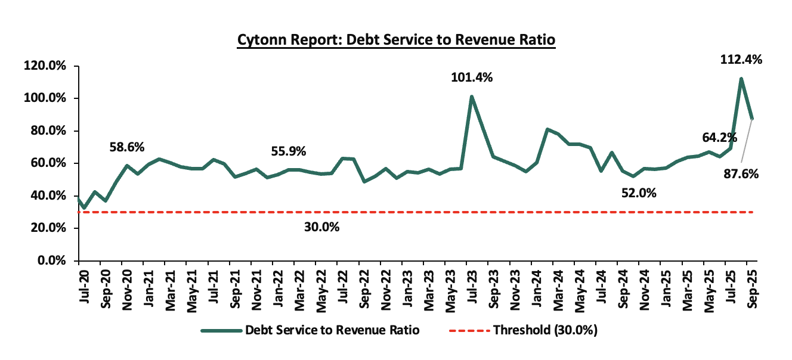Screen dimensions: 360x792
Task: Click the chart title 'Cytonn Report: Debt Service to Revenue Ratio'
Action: click(x=396, y=40)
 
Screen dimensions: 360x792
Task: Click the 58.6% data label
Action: click(x=126, y=147)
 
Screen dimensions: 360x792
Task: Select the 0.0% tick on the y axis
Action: click(x=52, y=261)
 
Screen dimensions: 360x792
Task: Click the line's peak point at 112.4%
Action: click(x=741, y=79)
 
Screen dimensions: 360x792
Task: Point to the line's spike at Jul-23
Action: click(x=472, y=97)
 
